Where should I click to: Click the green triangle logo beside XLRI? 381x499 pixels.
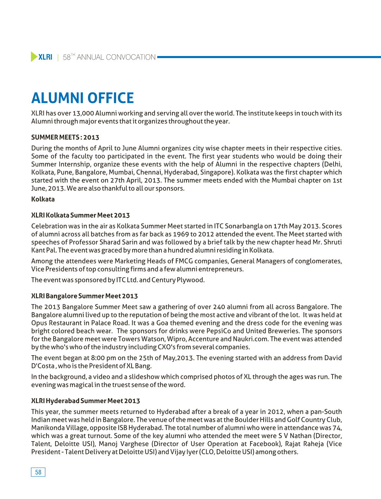pos(34,57)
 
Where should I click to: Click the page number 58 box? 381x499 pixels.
pos(38,472)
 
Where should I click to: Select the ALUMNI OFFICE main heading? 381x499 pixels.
pos(83,98)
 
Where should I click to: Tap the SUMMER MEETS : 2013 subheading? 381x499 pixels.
pos(65,137)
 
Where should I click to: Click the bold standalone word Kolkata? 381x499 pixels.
pos(43,199)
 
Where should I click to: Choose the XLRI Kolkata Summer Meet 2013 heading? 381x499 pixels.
pos(80,215)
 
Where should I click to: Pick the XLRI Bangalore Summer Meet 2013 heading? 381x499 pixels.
pos(84,296)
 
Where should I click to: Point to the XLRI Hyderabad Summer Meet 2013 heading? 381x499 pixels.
pos(85,401)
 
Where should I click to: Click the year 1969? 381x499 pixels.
pos(182,234)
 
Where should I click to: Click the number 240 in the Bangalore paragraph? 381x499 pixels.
pos(219,307)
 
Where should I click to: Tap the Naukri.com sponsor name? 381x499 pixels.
pos(252,339)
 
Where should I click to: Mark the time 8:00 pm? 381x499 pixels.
pos(103,358)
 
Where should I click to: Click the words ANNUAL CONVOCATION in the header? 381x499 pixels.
pos(116,57)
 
